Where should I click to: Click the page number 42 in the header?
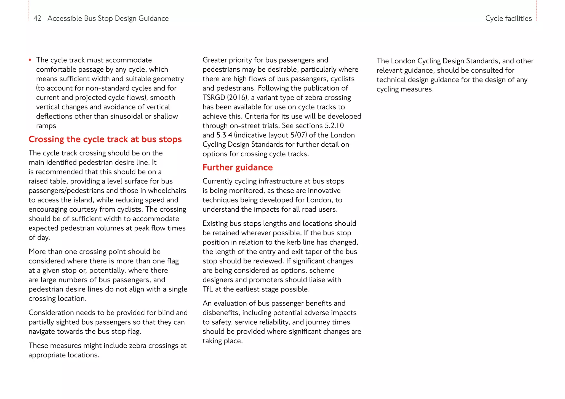(37, 18)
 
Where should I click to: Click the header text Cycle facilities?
(508, 18)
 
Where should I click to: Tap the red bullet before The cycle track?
(30, 60)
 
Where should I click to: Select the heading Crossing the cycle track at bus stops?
(105, 139)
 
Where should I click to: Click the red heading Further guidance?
(237, 168)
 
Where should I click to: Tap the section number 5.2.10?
(334, 126)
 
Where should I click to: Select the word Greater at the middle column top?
(214, 60)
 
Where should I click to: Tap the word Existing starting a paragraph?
(215, 223)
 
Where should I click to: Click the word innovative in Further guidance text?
(324, 191)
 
